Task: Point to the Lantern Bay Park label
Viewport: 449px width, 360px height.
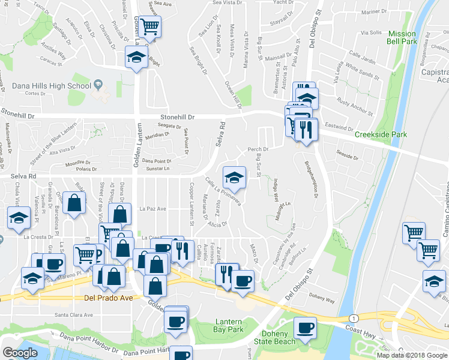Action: (229, 326)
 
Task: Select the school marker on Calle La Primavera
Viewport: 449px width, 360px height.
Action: (234, 176)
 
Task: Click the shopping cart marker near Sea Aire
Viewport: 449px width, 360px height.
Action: (151, 26)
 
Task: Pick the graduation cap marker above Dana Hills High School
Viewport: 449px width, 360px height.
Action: (136, 58)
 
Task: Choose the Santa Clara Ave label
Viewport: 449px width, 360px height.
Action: (74, 314)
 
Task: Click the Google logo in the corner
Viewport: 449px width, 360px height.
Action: (20, 353)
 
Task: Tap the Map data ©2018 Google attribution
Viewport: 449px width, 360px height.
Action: (411, 355)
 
